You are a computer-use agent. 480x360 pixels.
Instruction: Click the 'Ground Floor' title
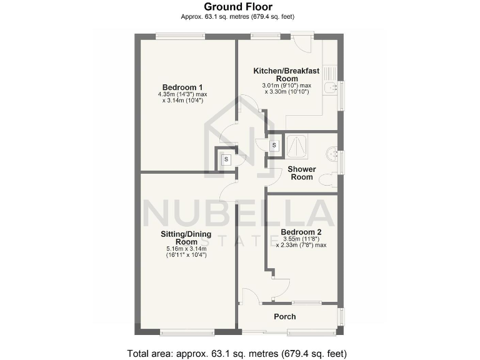point(240,7)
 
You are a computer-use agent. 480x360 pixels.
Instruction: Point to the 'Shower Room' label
point(302,173)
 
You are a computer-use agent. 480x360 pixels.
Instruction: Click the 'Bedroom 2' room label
point(301,231)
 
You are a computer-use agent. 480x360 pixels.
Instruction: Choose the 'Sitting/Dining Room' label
point(186,238)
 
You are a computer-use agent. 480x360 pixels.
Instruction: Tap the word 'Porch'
point(284,317)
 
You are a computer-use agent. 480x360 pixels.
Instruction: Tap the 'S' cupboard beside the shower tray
point(274,146)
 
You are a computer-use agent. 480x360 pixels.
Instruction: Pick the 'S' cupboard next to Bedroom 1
point(226,159)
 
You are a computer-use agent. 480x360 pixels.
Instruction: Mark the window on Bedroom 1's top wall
point(180,36)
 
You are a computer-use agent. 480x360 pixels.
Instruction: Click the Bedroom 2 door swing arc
point(281,286)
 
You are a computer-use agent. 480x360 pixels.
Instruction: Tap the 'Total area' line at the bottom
point(240,352)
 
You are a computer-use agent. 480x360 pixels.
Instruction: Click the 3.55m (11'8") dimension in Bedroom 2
point(297,239)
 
